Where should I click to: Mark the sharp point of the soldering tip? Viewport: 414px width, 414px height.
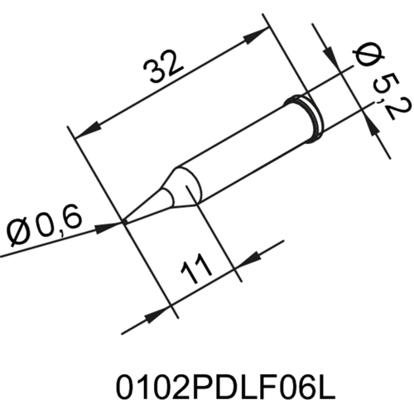[125, 221]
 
